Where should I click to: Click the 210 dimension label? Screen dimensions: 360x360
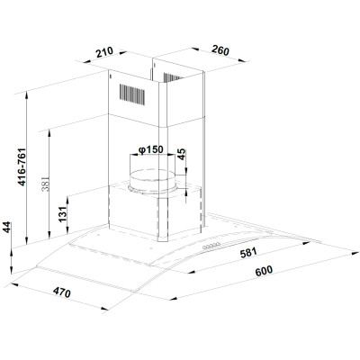coord(104,52)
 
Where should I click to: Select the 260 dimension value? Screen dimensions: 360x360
coord(220,50)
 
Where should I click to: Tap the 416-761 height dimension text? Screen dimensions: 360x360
coord(22,166)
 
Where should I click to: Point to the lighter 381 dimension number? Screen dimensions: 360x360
coord(45,184)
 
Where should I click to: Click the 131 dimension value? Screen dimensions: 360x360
coord(62,214)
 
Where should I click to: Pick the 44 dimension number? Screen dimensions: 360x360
coord(6,227)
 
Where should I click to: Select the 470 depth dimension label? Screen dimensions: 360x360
coord(62,292)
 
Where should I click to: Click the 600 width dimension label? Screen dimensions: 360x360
coord(264,271)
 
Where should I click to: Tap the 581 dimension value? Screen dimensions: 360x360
coord(248,252)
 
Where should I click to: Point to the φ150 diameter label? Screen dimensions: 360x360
coord(150,149)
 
